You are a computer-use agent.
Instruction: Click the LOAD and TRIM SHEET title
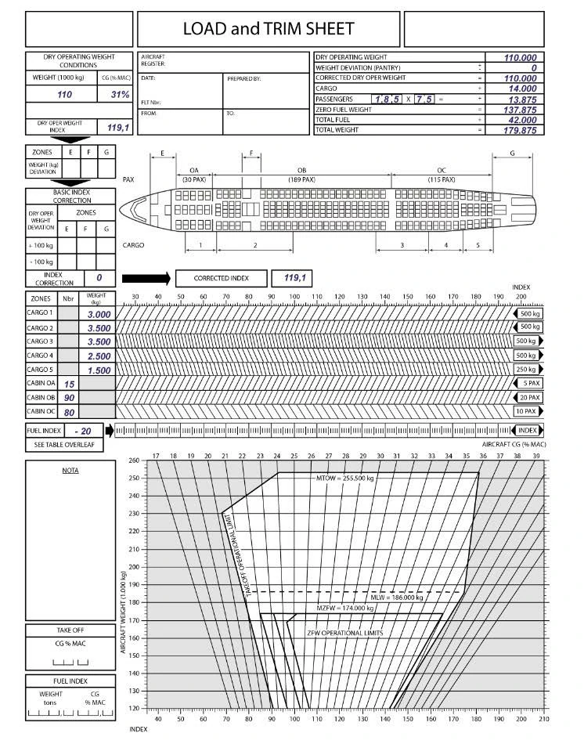[269, 29]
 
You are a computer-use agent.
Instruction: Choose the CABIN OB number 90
[69, 398]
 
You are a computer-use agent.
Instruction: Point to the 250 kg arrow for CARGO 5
[528, 369]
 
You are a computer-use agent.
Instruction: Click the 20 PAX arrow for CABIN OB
[528, 397]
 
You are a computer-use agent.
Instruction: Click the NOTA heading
[70, 470]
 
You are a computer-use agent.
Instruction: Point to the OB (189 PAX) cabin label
[301, 175]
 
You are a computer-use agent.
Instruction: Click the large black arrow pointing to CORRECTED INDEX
[146, 278]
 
